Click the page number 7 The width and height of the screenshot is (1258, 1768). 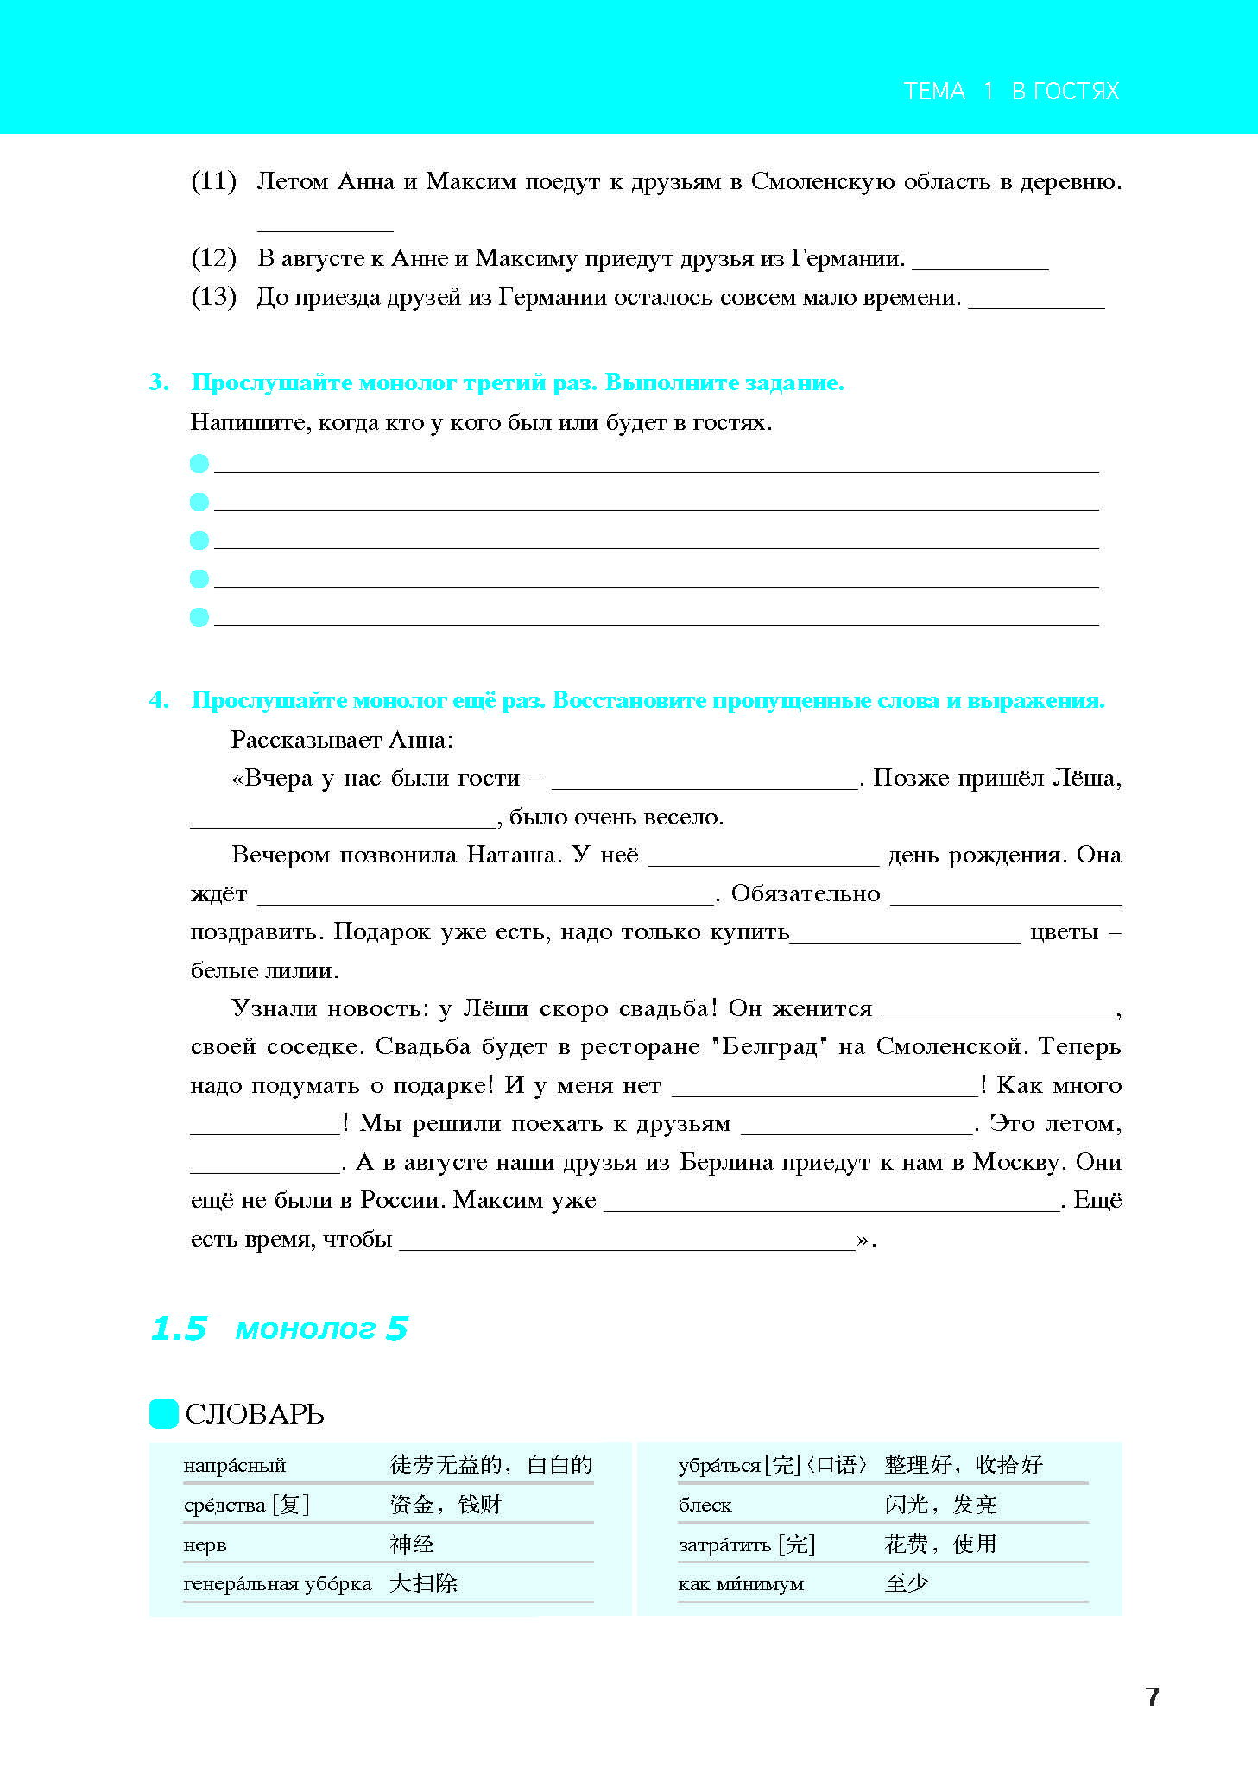(1152, 1696)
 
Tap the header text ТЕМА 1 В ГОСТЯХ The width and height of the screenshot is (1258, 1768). (1010, 92)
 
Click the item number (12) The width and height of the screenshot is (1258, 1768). (213, 258)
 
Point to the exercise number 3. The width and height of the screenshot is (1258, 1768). (159, 382)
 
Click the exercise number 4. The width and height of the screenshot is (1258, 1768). (159, 700)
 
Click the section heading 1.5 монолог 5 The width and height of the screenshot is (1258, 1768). (279, 1329)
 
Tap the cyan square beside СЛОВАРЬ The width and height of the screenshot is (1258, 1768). (164, 1414)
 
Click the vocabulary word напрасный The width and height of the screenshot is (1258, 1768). (234, 1466)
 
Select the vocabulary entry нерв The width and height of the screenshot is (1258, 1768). (205, 1545)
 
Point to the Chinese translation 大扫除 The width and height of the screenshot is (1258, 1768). (423, 1583)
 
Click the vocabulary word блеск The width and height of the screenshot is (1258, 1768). (705, 1506)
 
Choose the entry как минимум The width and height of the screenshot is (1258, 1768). (741, 1584)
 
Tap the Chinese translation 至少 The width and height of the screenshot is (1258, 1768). (907, 1583)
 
